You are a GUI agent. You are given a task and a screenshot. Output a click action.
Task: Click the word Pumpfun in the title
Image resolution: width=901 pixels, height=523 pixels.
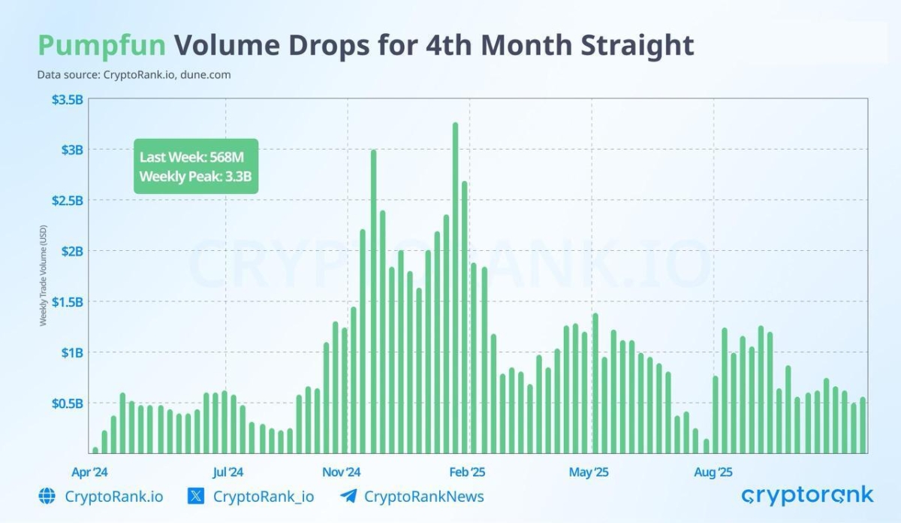coord(101,46)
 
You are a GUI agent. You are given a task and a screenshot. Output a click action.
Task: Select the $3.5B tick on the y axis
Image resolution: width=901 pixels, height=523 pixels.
coord(67,99)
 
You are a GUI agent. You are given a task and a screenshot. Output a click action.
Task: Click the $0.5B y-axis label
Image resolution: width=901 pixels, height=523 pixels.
coord(67,404)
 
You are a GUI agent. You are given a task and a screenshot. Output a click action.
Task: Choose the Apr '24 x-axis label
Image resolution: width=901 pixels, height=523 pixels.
coord(90,473)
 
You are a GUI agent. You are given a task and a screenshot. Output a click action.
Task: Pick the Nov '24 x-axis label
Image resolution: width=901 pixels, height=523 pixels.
coord(343,473)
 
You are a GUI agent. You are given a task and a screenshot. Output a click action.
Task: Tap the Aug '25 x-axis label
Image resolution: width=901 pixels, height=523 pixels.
coord(713,473)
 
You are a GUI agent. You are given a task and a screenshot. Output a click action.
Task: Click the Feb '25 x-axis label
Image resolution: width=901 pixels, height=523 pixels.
coord(468,473)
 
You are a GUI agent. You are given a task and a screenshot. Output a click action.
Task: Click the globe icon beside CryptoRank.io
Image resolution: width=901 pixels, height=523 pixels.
coord(47,496)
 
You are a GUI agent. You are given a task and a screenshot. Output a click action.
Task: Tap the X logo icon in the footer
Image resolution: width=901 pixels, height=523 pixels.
coord(195,496)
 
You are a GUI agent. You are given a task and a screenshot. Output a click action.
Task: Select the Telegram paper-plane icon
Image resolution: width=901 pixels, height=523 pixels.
coord(348,496)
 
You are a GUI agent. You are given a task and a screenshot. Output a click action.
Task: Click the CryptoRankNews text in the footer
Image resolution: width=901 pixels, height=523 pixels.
coord(423,496)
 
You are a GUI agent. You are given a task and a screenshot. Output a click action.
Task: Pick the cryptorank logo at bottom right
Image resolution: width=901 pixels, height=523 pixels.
coord(807,495)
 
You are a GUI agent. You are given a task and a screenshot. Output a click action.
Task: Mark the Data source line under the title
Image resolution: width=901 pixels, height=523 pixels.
coord(134,74)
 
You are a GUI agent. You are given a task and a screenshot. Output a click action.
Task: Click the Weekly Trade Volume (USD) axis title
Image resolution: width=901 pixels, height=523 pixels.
coord(43,275)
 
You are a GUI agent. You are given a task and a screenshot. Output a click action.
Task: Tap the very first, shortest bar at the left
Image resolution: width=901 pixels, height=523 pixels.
coord(95,450)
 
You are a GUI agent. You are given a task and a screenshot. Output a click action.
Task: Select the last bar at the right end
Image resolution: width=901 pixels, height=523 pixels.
coord(863,425)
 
